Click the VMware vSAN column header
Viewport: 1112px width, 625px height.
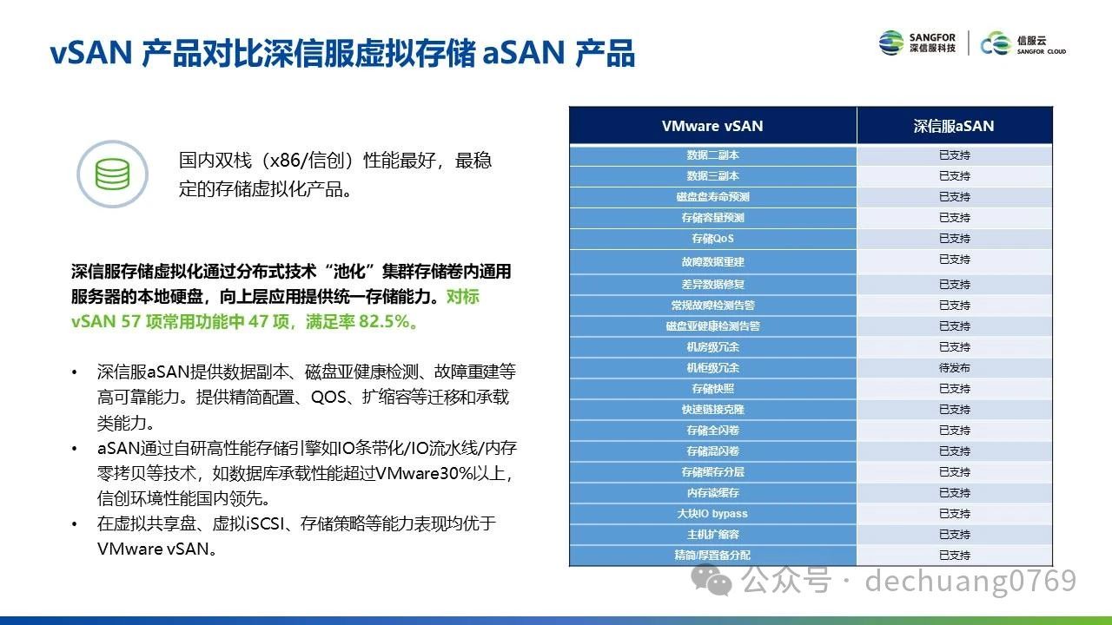pos(712,126)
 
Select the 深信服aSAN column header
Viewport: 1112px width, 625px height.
pos(954,126)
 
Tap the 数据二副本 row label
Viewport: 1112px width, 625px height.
pos(712,155)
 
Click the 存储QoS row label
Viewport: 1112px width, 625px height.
pos(712,239)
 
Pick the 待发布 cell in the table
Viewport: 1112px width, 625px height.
pos(954,368)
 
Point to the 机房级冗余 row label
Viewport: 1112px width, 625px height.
pos(712,347)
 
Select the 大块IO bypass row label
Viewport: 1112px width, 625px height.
pos(712,514)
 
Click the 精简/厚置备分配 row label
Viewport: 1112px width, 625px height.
pos(712,556)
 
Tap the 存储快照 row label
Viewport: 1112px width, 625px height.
pos(712,389)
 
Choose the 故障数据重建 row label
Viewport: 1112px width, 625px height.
pos(712,262)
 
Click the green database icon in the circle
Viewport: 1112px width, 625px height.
pos(112,174)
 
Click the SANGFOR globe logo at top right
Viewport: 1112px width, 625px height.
pos(891,43)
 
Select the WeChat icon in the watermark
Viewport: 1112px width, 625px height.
pos(712,580)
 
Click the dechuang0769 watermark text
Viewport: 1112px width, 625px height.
pos(970,581)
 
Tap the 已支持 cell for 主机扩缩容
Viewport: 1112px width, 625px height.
pos(954,535)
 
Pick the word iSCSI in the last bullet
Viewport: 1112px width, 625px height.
pos(266,523)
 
